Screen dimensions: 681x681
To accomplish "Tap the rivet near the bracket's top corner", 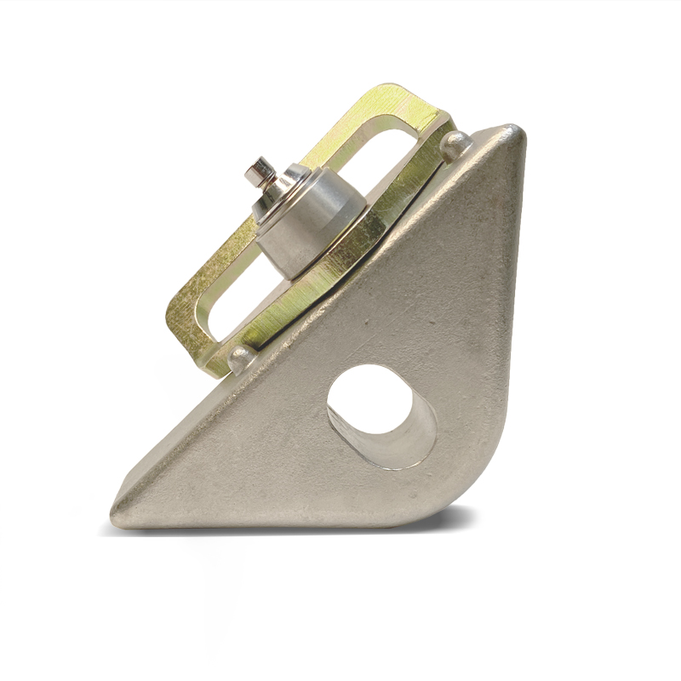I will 457,144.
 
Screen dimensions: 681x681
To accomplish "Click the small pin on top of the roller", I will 259,173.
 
